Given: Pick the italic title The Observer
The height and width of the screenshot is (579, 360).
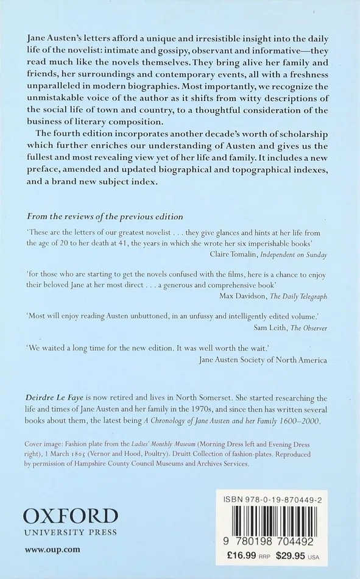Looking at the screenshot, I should [308, 327].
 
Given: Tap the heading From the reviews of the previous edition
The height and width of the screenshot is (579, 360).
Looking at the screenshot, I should [104, 216].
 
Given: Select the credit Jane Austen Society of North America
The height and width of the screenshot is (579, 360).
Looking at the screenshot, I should [263, 360].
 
